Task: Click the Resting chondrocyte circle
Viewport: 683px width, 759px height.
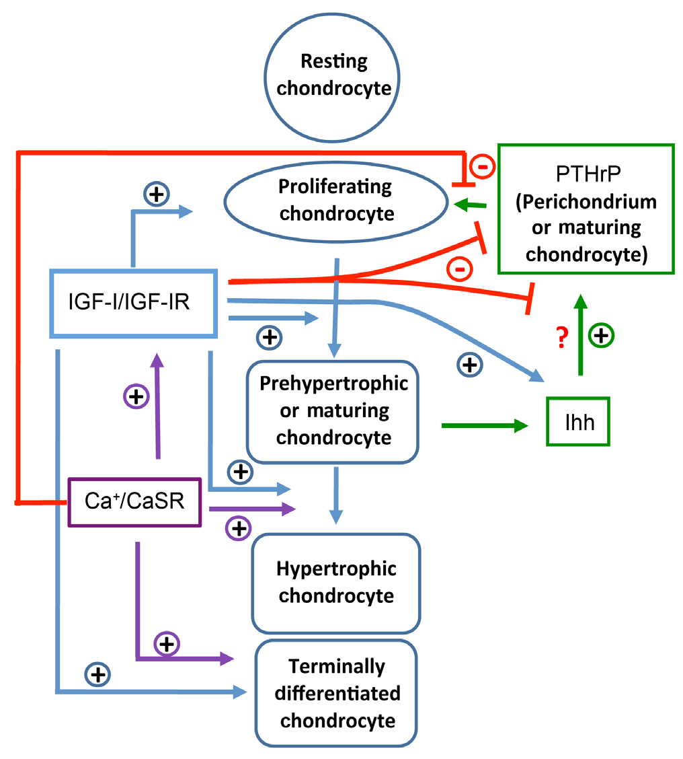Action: click(334, 75)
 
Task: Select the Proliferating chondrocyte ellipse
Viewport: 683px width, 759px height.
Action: click(335, 200)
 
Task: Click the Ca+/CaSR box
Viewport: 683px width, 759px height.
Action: click(135, 501)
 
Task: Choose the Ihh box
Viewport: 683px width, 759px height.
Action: click(578, 421)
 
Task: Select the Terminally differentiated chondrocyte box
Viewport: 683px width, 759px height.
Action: click(337, 693)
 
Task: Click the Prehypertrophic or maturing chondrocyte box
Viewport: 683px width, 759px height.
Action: click(334, 411)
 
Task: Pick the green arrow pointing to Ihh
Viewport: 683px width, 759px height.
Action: click(484, 425)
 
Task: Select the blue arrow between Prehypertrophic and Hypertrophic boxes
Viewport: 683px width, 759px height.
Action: click(335, 495)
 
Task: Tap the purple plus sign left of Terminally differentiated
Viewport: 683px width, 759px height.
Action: click(167, 644)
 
